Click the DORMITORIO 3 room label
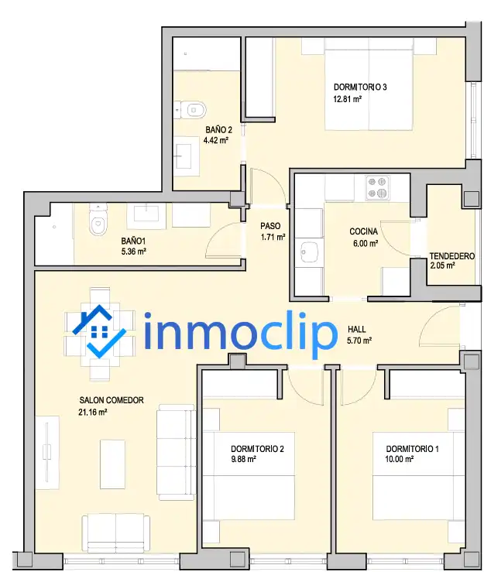(360, 87)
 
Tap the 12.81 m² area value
(348, 99)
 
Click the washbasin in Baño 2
(184, 156)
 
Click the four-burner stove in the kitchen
(377, 187)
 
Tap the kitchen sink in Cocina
(309, 252)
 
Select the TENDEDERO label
(452, 256)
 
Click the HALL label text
(357, 330)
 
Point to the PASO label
(270, 226)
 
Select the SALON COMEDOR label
(112, 400)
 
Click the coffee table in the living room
(113, 464)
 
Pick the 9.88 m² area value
(243, 459)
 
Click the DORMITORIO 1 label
(413, 449)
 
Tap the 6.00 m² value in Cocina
(366, 243)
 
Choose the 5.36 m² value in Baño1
(134, 252)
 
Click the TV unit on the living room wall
(47, 453)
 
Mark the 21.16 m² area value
(92, 413)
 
